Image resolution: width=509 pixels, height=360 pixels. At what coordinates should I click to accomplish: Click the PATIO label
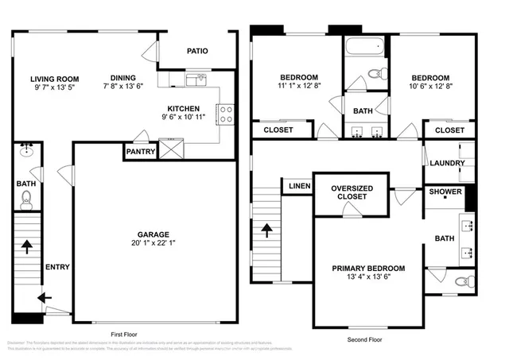[x=197, y=51]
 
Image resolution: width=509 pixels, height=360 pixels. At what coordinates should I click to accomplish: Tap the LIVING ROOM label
[x=54, y=79]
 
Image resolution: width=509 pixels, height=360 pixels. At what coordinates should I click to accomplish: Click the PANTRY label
[x=139, y=152]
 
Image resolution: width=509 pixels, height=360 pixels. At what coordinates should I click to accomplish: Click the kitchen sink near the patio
[x=196, y=79]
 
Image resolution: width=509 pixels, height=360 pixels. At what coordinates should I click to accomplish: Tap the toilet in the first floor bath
[x=27, y=198]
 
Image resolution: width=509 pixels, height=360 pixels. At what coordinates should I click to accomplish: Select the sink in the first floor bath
[x=27, y=149]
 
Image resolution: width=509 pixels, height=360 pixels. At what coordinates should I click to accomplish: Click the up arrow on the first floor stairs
[x=28, y=247]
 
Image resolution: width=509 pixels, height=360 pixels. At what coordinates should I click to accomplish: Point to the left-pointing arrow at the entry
[x=45, y=298]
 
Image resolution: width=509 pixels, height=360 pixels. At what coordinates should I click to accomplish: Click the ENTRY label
[x=56, y=267]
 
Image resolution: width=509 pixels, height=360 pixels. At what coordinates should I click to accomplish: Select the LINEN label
[x=299, y=186]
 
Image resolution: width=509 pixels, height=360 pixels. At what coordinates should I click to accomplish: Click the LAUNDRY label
[x=446, y=164]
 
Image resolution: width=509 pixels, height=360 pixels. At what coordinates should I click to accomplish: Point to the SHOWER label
[x=445, y=192]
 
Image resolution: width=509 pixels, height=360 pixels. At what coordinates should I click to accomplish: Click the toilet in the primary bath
[x=464, y=281]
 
